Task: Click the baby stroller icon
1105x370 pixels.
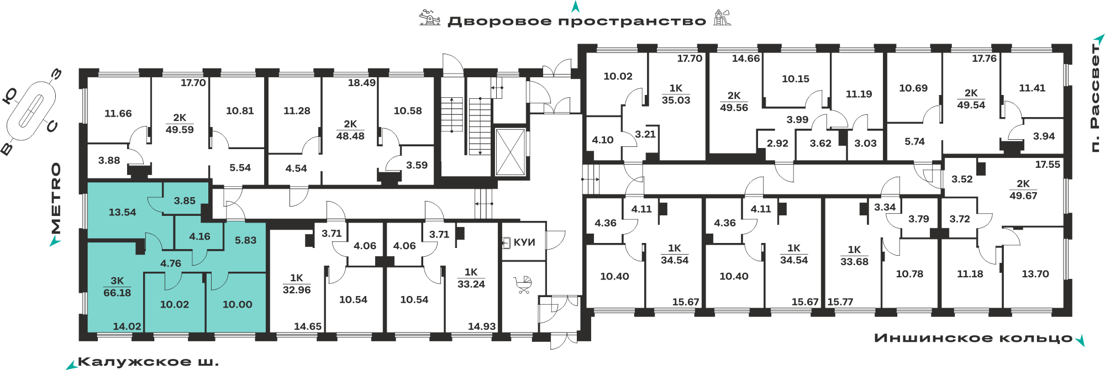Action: pyautogui.click(x=523, y=284)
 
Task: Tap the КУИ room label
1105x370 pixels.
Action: pyautogui.click(x=524, y=242)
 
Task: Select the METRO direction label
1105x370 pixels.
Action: pyautogui.click(x=56, y=198)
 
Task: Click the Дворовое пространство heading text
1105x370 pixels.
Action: pyautogui.click(x=577, y=22)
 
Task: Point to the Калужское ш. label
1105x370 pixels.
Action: pyautogui.click(x=149, y=362)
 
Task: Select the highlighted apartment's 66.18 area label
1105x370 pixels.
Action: pyautogui.click(x=117, y=293)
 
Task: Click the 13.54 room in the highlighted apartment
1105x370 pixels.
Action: pyautogui.click(x=122, y=212)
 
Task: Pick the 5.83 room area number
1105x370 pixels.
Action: pyautogui.click(x=245, y=240)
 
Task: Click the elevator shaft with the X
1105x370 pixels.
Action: pyautogui.click(x=510, y=152)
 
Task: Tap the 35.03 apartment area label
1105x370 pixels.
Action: pyautogui.click(x=676, y=100)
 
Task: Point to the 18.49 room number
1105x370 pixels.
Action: pyautogui.click(x=361, y=83)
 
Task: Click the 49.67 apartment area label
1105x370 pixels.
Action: pyautogui.click(x=1023, y=195)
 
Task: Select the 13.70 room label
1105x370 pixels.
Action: pyautogui.click(x=1035, y=274)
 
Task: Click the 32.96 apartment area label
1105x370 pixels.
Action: pyautogui.click(x=297, y=290)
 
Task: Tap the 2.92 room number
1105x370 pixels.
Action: pyautogui.click(x=777, y=143)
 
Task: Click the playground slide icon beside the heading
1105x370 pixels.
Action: pyautogui.click(x=722, y=18)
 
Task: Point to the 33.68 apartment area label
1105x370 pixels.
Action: pyautogui.click(x=854, y=262)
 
